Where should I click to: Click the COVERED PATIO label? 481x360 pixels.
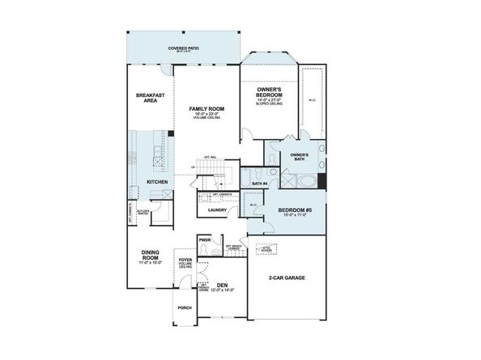click(183, 49)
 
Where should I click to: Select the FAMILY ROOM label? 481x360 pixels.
click(206, 108)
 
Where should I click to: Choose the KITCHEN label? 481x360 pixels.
click(157, 182)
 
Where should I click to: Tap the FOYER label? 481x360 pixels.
click(185, 261)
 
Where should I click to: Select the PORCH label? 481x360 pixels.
click(184, 307)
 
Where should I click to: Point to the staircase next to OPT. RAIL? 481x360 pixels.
click(215, 172)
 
